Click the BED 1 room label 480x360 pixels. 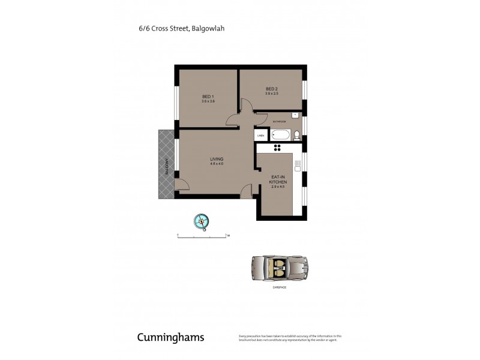[x=208, y=97]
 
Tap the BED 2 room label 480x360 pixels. [x=272, y=89]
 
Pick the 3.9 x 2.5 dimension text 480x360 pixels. [x=272, y=94]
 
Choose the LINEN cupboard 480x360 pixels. [x=260, y=136]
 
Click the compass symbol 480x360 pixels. [x=202, y=221]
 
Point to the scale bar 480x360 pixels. [x=202, y=236]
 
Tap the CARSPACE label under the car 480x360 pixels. [x=278, y=288]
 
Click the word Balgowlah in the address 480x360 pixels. [x=208, y=28]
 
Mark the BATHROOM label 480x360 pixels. [x=279, y=122]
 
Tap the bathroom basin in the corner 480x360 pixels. [x=296, y=113]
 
